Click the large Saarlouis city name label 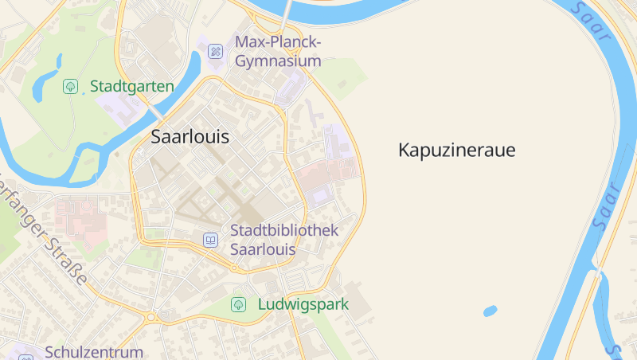(190, 137)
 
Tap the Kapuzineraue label (457, 150)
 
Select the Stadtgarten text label (131, 86)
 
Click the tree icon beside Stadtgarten (70, 86)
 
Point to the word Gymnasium (278, 61)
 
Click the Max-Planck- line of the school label (278, 42)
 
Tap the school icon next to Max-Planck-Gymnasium (215, 52)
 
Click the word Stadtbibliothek (284, 230)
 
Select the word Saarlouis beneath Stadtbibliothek (263, 248)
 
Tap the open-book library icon (210, 239)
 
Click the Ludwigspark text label (303, 304)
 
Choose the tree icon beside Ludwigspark (238, 304)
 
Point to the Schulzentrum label (94, 351)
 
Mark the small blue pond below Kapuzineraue (490, 311)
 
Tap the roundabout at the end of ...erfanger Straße (150, 318)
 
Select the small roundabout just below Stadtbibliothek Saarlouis (234, 268)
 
